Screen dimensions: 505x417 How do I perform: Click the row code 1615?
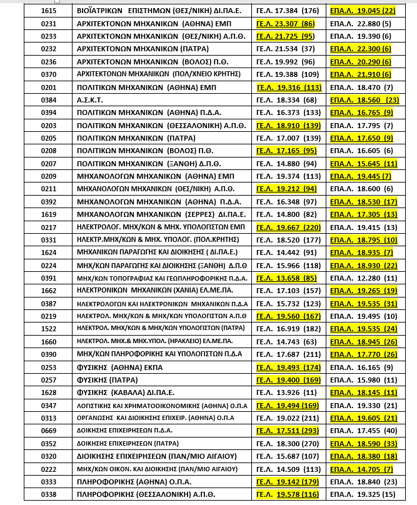48,11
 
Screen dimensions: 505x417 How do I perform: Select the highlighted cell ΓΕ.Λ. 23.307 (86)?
285,24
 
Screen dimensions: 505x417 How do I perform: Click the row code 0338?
48,494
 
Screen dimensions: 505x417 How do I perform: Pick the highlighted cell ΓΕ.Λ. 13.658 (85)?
285,277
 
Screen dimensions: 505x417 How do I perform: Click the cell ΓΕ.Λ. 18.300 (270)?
285,443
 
